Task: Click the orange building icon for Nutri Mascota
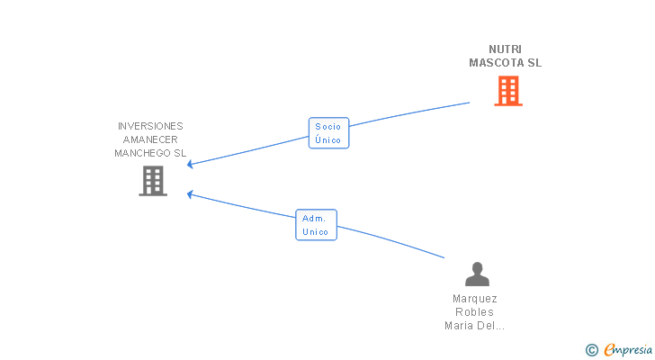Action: pos(508,91)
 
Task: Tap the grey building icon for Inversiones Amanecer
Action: pos(153,181)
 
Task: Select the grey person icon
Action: pos(477,274)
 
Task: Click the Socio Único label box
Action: pos(328,133)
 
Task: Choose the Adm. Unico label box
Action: pos(316,225)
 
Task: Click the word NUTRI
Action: pos(505,49)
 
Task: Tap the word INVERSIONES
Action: pos(150,126)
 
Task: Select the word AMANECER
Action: pos(150,139)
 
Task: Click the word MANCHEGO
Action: pos(143,153)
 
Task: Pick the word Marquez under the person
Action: pos(475,299)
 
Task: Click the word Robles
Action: pos(474,312)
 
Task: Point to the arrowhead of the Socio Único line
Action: pos(190,164)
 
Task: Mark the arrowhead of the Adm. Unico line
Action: pos(190,194)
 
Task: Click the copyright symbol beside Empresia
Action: pos(591,350)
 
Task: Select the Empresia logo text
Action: pos(628,349)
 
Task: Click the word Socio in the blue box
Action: pos(327,127)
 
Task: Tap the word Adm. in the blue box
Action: pos(314,219)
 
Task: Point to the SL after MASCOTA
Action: pos(534,63)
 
